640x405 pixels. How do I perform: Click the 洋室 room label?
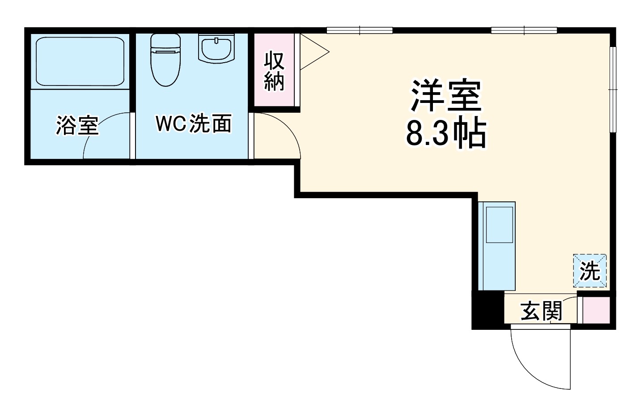tap(446, 96)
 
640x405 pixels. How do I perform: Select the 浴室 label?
tap(77, 126)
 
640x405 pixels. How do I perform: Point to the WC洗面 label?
tap(193, 124)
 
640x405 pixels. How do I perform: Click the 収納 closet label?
tap(274, 71)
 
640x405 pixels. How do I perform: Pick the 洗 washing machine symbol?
tap(590, 271)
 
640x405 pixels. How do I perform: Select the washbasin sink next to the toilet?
tap(216, 49)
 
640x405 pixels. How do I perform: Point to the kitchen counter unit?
tap(497, 246)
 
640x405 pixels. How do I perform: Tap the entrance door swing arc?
tap(537, 362)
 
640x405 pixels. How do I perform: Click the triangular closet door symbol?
tap(313, 52)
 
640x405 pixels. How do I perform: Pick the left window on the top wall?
tap(360, 30)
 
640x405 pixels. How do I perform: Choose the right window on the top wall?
tap(524, 30)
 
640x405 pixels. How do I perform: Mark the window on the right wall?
tap(613, 90)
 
